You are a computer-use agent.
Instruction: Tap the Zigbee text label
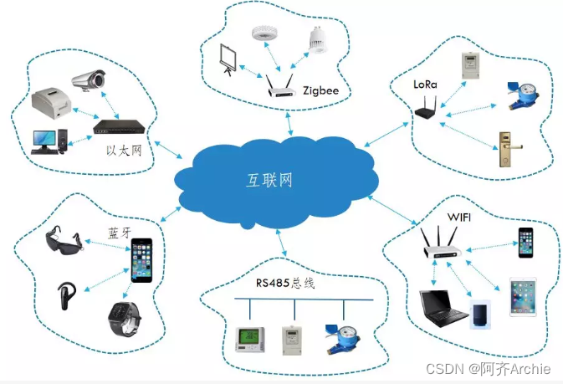click(x=322, y=89)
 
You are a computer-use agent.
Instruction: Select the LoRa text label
click(x=425, y=84)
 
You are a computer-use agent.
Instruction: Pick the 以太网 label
click(x=122, y=150)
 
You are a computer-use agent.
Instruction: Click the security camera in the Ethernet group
click(x=89, y=80)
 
